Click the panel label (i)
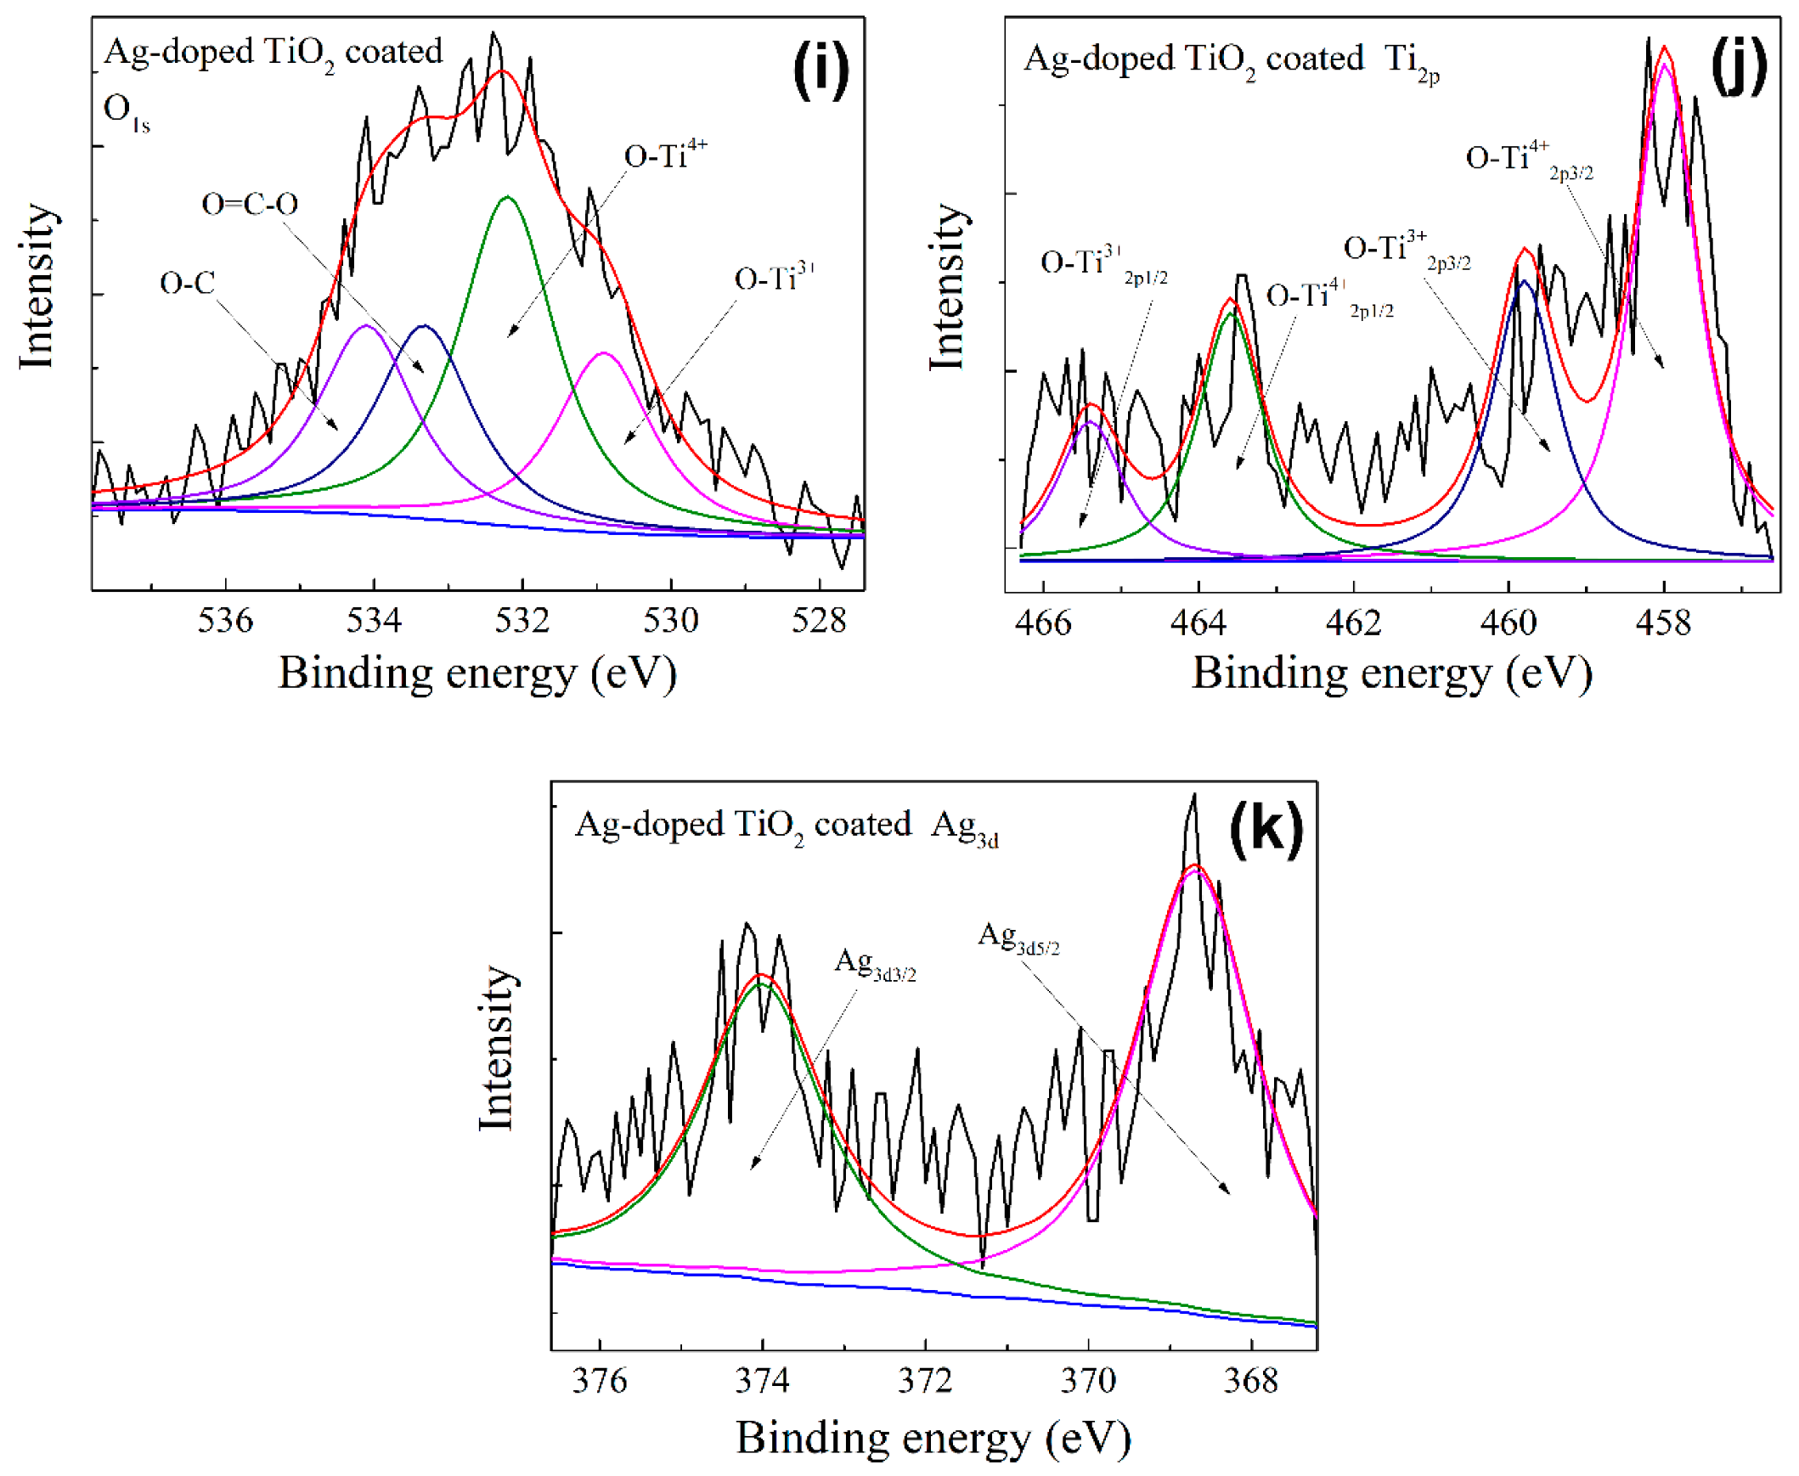[821, 70]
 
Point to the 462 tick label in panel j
[1353, 623]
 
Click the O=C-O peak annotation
[250, 204]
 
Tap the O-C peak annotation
[187, 283]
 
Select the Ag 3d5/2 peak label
[1018, 938]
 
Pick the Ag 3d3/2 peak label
[875, 965]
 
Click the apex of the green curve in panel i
[507, 197]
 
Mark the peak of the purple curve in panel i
[366, 324]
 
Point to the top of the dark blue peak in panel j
[1525, 280]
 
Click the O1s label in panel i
[126, 112]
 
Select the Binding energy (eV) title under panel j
[1392, 673]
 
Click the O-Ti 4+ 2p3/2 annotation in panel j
[1528, 160]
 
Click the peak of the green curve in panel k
[761, 983]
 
